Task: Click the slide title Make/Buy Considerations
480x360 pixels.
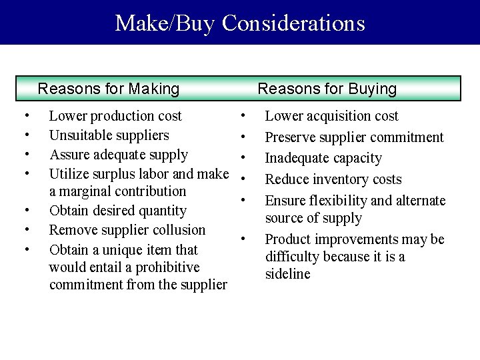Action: (240, 23)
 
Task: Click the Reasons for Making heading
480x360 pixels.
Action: (109, 89)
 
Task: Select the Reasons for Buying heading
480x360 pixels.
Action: (327, 89)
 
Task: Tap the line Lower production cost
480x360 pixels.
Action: (115, 116)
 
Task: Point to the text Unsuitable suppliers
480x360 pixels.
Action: (109, 135)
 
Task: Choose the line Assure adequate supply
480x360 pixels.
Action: (119, 155)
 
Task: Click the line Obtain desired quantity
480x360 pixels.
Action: (118, 211)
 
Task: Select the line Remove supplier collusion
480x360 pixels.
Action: (127, 230)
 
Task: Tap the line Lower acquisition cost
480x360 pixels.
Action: (331, 116)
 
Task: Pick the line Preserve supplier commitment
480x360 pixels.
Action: (354, 138)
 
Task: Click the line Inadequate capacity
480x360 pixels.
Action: (323, 159)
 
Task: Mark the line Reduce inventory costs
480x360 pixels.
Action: (333, 179)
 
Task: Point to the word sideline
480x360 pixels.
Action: (287, 275)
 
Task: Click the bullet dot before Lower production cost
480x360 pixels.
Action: (24, 116)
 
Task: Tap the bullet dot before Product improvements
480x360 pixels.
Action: (245, 239)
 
